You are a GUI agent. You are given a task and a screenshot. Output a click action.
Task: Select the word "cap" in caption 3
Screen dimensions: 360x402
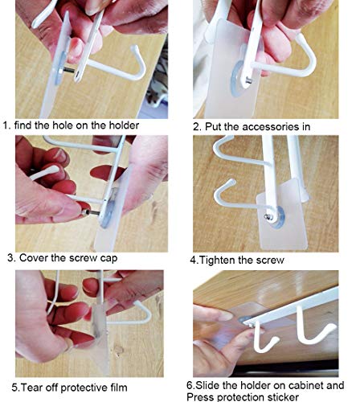point(108,259)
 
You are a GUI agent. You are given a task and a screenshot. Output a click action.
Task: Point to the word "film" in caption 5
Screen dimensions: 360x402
point(118,388)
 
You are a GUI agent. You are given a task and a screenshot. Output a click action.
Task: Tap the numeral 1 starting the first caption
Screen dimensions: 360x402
point(6,125)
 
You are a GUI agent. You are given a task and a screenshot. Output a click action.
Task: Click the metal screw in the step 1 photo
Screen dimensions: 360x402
point(68,70)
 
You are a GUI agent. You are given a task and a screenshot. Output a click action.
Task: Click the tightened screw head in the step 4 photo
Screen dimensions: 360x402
point(268,217)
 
